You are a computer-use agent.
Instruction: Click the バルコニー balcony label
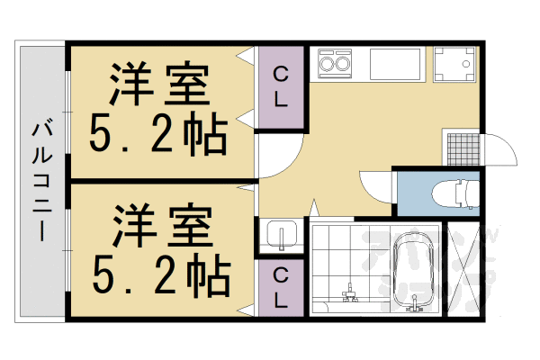[40, 180]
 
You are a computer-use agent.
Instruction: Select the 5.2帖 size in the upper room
[157, 135]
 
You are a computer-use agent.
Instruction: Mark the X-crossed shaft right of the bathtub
[468, 270]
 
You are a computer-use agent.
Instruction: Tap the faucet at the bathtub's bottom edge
[416, 307]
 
